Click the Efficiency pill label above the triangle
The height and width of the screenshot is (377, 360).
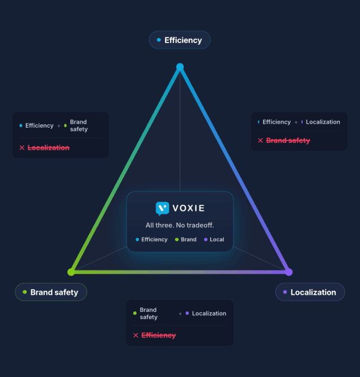[x=180, y=40]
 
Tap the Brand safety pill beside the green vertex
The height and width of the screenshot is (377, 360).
[x=51, y=292]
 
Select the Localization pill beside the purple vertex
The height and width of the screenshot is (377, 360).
[x=310, y=292]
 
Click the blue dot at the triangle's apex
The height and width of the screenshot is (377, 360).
[x=180, y=67]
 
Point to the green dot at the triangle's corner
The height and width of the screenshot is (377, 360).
[x=71, y=272]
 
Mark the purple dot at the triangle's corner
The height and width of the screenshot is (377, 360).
[x=289, y=272]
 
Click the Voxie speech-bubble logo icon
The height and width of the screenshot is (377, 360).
[x=162, y=209]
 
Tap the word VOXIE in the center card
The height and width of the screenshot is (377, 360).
[x=189, y=208]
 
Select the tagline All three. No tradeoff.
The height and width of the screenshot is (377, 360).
[x=180, y=225]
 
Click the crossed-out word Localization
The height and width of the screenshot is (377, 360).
[x=49, y=147]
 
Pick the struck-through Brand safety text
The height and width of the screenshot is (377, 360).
[x=288, y=141]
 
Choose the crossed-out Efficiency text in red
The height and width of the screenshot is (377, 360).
[x=159, y=335]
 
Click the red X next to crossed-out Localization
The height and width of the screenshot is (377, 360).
[x=22, y=147]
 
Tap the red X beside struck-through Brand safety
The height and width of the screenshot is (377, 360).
[x=260, y=141]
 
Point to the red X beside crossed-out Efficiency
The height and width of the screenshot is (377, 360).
[x=135, y=335]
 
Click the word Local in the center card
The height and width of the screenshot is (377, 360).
[x=217, y=239]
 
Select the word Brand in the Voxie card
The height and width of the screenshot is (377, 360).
[x=189, y=239]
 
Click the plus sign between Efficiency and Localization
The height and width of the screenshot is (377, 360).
[x=296, y=122]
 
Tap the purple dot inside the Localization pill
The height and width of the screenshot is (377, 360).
[x=285, y=292]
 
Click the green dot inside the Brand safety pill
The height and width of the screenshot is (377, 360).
[x=24, y=292]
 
